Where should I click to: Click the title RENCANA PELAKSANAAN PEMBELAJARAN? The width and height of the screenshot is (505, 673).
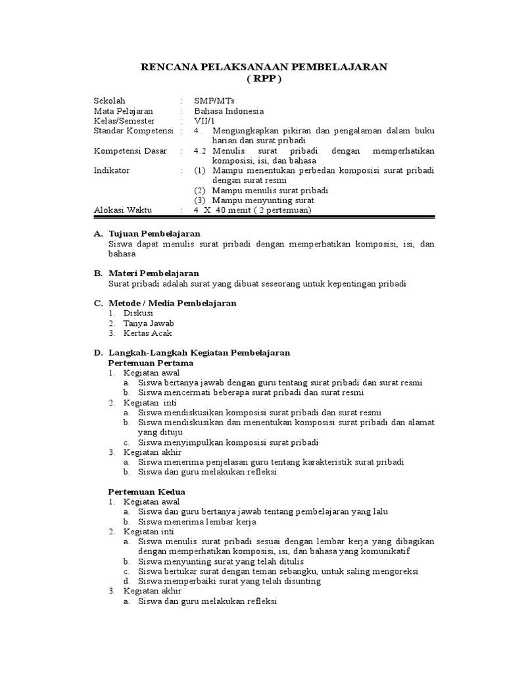point(266,66)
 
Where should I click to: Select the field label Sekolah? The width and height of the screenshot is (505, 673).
point(108,101)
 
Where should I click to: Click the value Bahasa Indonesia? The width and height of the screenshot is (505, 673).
point(228,111)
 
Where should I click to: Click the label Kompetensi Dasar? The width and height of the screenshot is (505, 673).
point(130,151)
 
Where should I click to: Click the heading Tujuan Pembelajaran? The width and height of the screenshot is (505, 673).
point(154,233)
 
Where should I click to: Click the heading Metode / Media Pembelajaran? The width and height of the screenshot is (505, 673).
point(172,303)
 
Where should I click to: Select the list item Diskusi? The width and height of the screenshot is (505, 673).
point(139,313)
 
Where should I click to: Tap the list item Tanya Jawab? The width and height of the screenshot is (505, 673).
point(149,323)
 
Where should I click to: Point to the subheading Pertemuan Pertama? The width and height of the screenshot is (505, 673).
point(151,362)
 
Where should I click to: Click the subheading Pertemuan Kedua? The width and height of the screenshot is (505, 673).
point(146,492)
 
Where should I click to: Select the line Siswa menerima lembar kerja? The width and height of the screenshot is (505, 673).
point(197,521)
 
